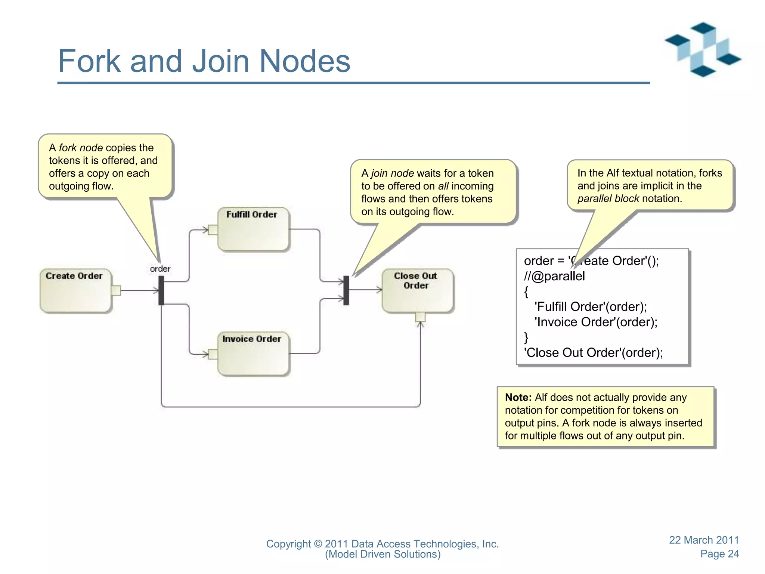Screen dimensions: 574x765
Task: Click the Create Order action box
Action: coord(75,290)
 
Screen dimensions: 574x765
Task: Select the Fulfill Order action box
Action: coord(253,229)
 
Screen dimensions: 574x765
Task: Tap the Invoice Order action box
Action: coord(253,354)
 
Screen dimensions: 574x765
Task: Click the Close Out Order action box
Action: coord(417,290)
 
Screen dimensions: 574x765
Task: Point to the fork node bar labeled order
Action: coord(161,290)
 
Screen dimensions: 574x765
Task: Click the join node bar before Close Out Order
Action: coord(346,290)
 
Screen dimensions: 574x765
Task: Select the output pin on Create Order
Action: coord(116,290)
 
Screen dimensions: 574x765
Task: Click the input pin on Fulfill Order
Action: coord(213,229)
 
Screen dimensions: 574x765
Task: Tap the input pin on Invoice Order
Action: coord(213,354)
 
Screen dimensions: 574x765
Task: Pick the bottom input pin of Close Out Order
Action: coord(420,317)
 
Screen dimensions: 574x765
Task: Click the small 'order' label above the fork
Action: coord(160,269)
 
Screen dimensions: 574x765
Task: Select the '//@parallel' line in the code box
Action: coord(554,276)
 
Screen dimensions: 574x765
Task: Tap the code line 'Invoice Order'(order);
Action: coord(596,322)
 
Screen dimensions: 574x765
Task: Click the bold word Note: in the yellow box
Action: coord(518,397)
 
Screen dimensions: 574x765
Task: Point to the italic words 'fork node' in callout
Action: coord(81,148)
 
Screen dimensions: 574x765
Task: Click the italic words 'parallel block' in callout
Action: coord(608,198)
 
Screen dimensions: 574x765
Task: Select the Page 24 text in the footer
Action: coord(719,554)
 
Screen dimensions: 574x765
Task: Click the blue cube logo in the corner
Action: coord(703,49)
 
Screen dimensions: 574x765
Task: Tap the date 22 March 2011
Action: coord(704,540)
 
